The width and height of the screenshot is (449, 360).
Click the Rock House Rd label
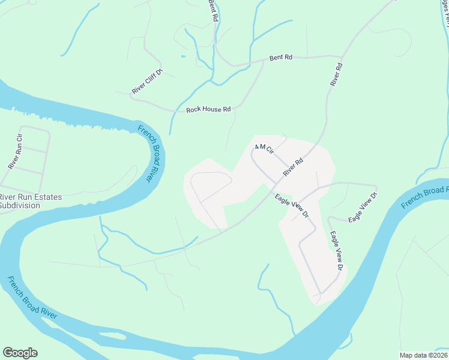(208, 109)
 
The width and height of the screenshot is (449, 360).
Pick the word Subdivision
(20, 205)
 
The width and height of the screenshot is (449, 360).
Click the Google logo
(20, 353)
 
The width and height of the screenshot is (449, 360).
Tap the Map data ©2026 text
(424, 355)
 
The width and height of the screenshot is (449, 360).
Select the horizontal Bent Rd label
(280, 58)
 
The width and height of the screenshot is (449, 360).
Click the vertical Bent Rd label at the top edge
(212, 10)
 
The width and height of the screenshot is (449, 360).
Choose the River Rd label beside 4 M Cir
(294, 167)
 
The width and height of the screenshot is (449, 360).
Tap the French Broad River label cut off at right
(424, 197)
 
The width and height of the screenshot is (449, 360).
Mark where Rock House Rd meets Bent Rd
(263, 61)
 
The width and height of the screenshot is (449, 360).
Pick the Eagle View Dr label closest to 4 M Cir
(292, 205)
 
